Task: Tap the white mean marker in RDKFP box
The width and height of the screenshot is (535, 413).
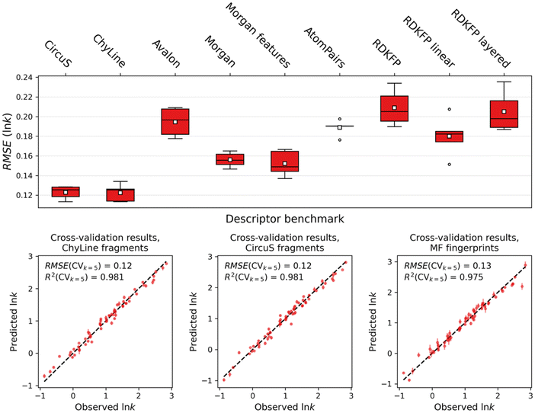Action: [394, 108]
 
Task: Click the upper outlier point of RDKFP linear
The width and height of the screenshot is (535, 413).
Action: [449, 110]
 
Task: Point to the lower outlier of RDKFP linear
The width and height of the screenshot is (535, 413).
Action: [449, 164]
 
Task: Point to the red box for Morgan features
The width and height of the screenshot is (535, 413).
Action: [284, 161]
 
